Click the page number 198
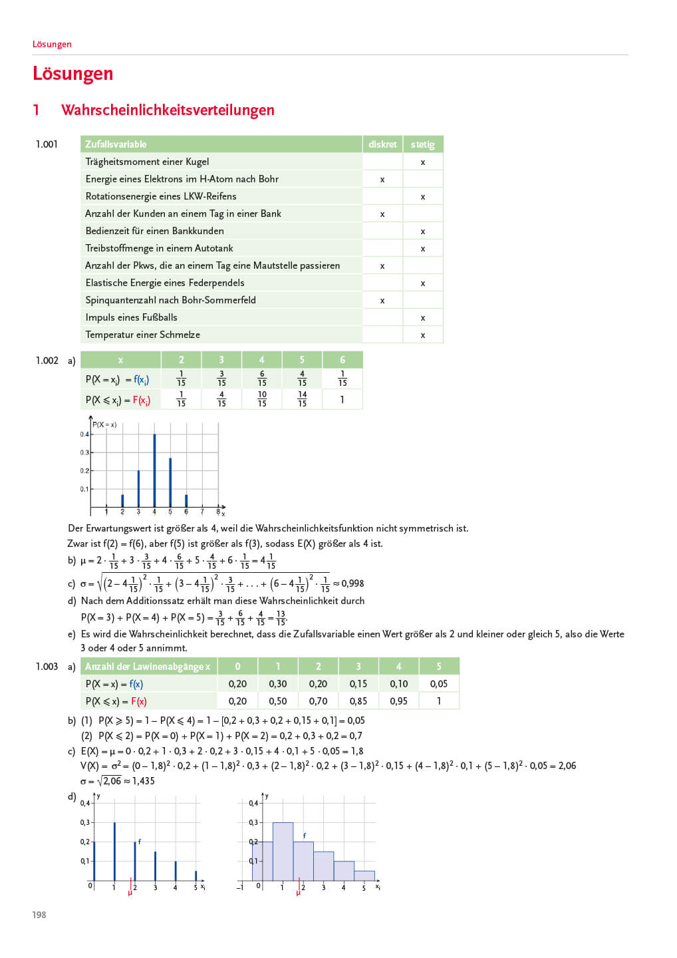39,915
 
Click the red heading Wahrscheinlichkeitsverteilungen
168,110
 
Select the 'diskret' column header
382,144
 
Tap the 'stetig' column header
422,144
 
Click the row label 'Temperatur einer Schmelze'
142,335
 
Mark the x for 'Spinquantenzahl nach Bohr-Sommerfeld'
382,301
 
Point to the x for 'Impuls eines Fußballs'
423,318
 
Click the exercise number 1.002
47,361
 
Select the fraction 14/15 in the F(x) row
302,399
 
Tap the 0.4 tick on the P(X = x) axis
84,434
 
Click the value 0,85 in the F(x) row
358,701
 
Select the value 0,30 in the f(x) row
278,684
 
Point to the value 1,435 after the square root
143,781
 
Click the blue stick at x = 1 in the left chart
114,852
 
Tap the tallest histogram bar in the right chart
283,852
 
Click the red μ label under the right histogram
298,892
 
